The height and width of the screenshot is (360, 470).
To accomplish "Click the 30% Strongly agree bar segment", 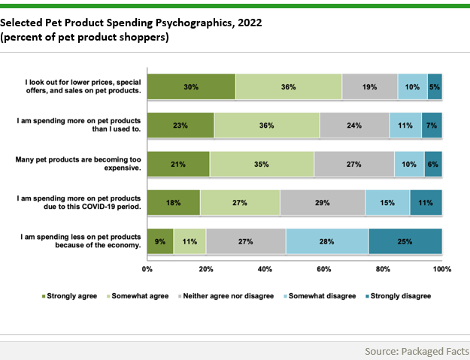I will pos(191,87).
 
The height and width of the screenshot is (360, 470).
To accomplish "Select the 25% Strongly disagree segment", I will pos(405,242).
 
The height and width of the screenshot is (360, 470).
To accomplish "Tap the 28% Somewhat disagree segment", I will pos(327,242).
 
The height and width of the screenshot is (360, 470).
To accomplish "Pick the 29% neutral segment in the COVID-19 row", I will pos(323,203).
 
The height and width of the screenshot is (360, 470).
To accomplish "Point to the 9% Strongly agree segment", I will pos(160,242).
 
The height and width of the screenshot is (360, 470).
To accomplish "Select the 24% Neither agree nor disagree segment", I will pos(354,126).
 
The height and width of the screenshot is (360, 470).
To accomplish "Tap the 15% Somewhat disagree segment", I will pos(387,203).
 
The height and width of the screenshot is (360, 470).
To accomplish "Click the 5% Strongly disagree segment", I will pos(434,87).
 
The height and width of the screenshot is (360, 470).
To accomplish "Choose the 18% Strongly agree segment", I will pos(174,203).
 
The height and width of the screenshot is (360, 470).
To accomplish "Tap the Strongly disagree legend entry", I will pos(401,295).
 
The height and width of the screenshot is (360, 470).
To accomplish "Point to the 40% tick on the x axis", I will pos(265,268).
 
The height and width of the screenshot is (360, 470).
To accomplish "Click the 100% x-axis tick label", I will pos(441,268).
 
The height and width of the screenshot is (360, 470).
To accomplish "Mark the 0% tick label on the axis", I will pos(147,268).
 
